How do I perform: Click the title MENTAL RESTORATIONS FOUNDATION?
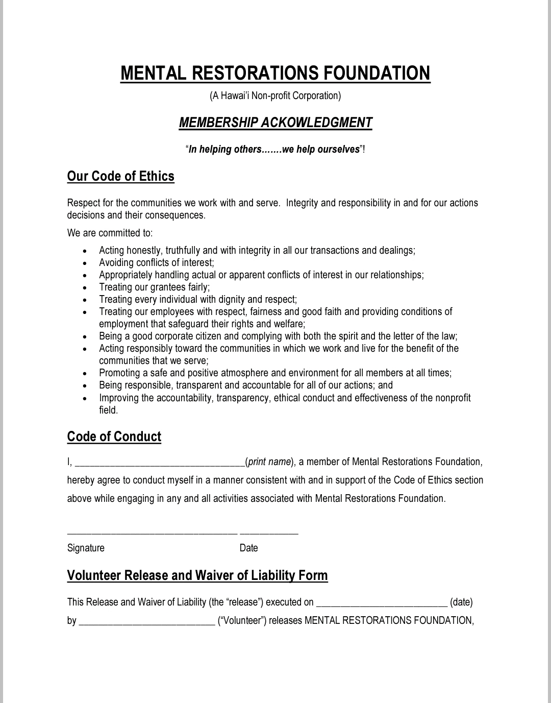275,73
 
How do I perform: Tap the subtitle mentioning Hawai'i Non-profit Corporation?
275,95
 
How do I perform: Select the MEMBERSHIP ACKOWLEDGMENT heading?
275,123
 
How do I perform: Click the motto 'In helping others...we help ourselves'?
275,149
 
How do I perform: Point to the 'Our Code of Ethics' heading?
120,176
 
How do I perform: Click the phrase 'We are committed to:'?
110,233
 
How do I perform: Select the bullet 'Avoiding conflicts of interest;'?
156,262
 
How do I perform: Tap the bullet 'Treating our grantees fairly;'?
154,287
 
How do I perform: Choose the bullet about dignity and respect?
197,299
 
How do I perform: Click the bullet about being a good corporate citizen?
278,336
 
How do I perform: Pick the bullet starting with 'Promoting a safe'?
275,373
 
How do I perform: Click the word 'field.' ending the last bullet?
108,410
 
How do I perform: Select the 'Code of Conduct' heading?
114,437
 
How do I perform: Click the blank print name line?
160,463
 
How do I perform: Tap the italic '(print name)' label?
269,462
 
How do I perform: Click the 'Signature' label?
86,548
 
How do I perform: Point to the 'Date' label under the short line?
248,548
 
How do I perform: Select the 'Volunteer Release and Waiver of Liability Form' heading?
197,575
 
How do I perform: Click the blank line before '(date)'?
382,603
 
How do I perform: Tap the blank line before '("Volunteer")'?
147,621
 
